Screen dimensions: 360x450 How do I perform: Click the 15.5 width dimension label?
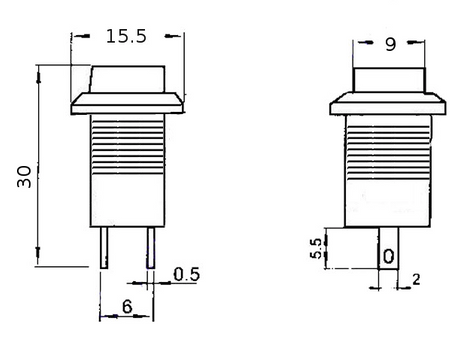tap(126, 36)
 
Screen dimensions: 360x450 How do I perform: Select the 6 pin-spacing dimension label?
tap(127, 307)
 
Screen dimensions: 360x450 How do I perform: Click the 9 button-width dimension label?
tap(390, 44)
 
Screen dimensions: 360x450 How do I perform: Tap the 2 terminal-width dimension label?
tap(416, 280)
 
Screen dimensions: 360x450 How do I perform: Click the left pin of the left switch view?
tap(103, 247)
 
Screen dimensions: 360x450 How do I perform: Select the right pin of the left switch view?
tap(150, 247)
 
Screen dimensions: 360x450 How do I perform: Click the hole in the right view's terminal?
tap(388, 256)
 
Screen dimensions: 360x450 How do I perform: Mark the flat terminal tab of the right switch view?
tap(388, 244)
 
